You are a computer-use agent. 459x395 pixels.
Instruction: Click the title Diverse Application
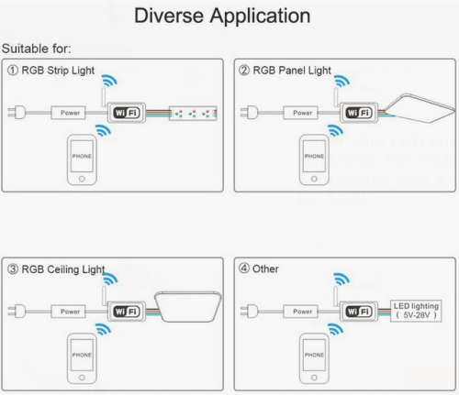pos(222,16)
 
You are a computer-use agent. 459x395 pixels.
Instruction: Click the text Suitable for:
pos(36,49)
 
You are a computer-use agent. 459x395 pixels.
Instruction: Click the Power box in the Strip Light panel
pos(68,113)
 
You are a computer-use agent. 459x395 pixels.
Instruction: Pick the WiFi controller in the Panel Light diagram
pos(359,113)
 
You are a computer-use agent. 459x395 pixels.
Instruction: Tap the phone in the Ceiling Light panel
pos(82,358)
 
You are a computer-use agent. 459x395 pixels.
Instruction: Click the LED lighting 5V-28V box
pos(416,311)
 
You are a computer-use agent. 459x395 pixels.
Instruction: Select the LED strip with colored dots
pos(193,114)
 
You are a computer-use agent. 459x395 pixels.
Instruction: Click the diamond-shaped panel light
pos(420,108)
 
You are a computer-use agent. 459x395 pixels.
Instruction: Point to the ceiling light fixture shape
pos(187,307)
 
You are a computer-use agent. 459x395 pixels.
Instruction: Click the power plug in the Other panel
pos(250,311)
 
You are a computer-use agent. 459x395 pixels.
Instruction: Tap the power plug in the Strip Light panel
pos(17,113)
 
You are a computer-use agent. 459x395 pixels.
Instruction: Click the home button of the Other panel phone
pos(314,378)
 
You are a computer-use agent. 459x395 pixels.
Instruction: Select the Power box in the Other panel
pos(301,312)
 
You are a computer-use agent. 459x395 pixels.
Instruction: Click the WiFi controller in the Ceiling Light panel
pos(127,312)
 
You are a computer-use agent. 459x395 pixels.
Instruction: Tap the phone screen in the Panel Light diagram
pos(314,156)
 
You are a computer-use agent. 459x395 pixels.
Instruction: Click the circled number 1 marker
pos(13,71)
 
